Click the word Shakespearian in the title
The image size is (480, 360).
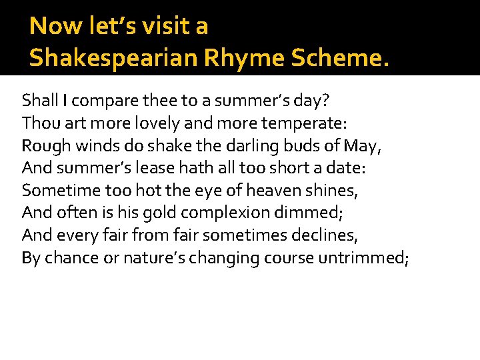point(113,58)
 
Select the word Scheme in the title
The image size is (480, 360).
point(333,58)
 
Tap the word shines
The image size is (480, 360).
point(332,191)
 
